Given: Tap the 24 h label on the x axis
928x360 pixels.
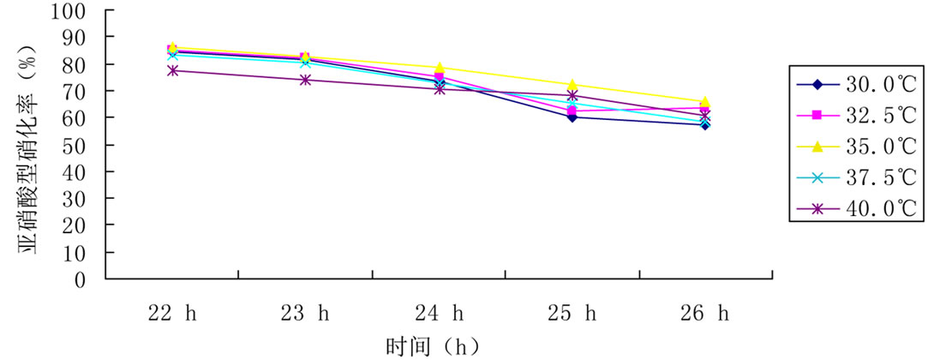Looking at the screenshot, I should point(439,314).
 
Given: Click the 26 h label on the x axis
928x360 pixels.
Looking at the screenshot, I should point(705,314).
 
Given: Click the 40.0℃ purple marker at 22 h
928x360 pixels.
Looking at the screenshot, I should point(172,70).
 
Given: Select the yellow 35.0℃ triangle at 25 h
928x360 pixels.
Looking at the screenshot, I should point(572,85).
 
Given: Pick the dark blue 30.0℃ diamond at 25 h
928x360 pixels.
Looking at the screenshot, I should point(572,117).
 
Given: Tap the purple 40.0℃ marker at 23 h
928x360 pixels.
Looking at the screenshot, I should point(306,80).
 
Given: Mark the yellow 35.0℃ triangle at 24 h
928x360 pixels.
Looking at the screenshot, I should point(439,68).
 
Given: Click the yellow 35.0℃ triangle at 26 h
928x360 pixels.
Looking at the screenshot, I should point(705,102).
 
